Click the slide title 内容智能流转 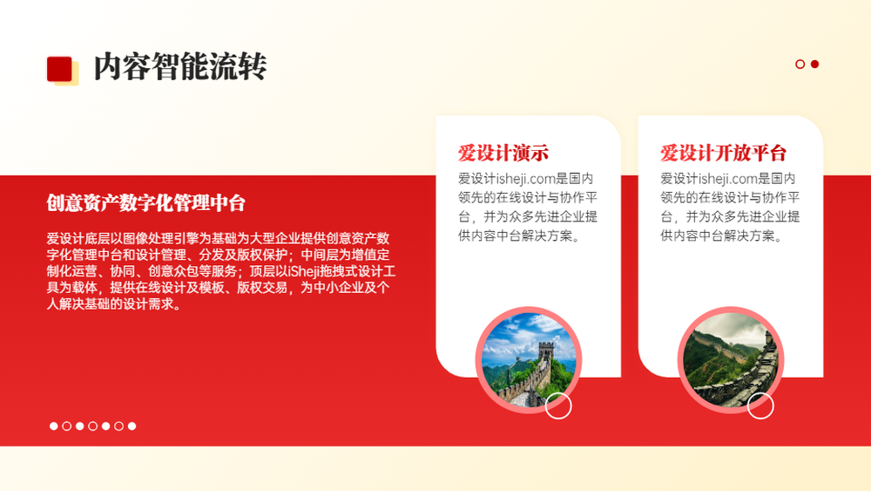(x=180, y=67)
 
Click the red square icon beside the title (x=59, y=69)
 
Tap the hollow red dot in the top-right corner (x=800, y=64)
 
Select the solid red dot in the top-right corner (x=815, y=64)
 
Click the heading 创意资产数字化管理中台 (x=146, y=203)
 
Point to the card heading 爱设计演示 (x=503, y=153)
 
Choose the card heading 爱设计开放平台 (x=723, y=153)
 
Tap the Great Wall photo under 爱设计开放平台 (x=731, y=360)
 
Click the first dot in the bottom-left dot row (x=53, y=426)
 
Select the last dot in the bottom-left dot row (x=132, y=426)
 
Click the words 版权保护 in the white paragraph (x=262, y=255)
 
